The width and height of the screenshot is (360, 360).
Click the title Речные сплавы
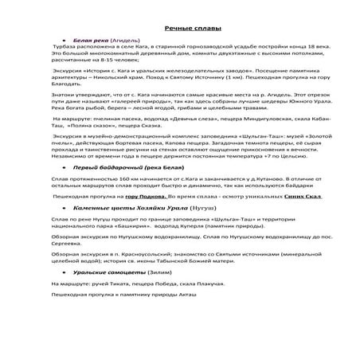coord(179,28)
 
